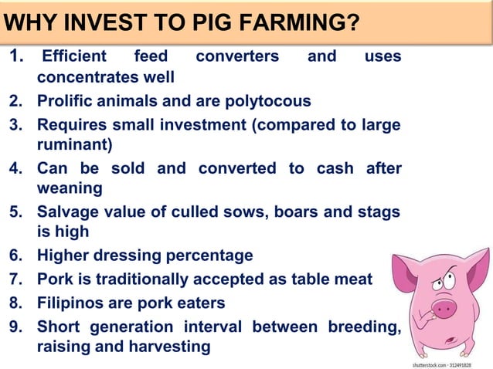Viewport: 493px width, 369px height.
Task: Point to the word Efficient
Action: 75,56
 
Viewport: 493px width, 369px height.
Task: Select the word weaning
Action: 70,188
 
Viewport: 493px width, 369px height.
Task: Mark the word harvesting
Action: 163,347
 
